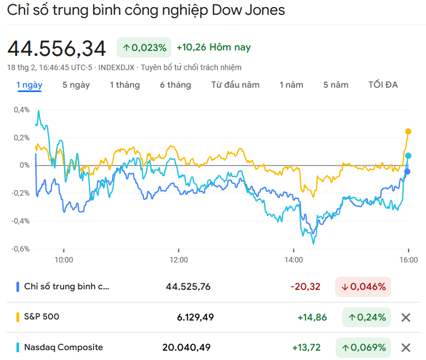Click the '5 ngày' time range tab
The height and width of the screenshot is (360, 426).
click(x=76, y=85)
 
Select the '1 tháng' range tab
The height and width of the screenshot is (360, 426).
click(x=124, y=85)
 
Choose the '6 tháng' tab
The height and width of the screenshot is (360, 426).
click(x=175, y=85)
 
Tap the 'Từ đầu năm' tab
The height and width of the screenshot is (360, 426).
click(x=235, y=85)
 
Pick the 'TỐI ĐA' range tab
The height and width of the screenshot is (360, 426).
click(x=383, y=85)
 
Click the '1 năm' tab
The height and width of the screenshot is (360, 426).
click(x=291, y=85)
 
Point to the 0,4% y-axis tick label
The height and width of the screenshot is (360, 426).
click(x=22, y=110)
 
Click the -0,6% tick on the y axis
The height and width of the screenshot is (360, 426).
click(x=21, y=248)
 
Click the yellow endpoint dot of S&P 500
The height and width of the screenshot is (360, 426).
click(x=408, y=132)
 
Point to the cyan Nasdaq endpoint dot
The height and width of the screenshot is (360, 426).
click(x=408, y=156)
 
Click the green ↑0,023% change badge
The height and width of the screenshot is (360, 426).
click(x=145, y=48)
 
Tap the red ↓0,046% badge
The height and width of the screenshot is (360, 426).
click(x=363, y=287)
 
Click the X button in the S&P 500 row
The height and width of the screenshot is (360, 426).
click(x=406, y=317)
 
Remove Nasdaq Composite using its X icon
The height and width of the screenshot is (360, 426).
click(x=406, y=347)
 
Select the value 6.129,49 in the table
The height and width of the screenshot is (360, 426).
click(x=195, y=317)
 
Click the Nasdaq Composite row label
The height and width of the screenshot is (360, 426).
click(x=64, y=347)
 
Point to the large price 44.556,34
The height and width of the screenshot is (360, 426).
click(x=57, y=49)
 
